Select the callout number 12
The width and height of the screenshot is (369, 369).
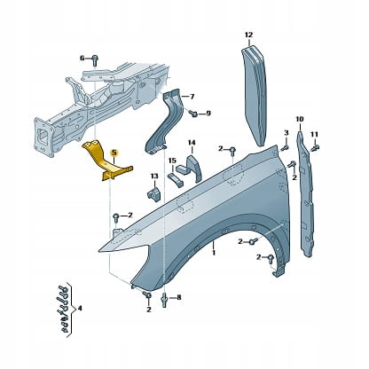tap(249, 35)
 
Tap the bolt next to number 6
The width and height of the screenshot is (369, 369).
tap(95, 60)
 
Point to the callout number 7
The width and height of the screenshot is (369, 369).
tap(192, 97)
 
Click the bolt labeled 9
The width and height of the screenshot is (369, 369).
tap(194, 114)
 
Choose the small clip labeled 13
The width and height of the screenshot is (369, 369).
tap(153, 193)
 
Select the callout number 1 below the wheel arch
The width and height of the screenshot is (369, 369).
tap(214, 253)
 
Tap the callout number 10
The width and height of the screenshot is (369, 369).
tap(300, 120)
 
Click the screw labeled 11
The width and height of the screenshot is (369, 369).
tap(316, 146)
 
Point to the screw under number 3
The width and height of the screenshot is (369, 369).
tap(286, 147)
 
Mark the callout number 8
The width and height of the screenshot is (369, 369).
tap(179, 298)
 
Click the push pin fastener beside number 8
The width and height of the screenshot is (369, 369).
tap(164, 299)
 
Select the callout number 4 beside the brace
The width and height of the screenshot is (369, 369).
tap(79, 309)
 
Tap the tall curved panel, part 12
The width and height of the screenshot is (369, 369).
tap(255, 95)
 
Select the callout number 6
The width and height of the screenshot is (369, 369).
tap(82, 58)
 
